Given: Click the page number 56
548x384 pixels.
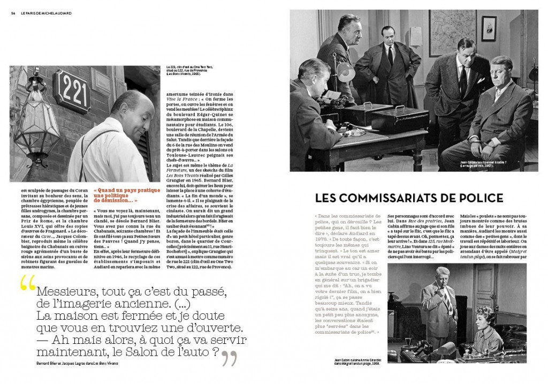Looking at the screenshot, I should [12, 14].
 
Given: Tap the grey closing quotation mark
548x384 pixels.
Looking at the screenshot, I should [229, 357].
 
